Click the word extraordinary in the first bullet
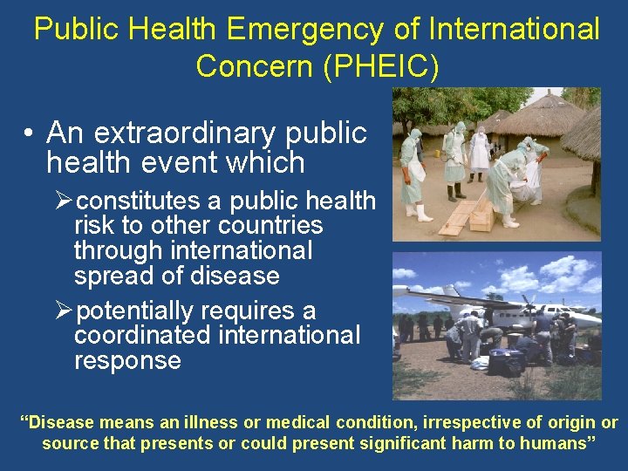click(x=186, y=133)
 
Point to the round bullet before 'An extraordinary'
click(x=29, y=133)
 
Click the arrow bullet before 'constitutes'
click(x=64, y=201)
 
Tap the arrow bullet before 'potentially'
click(x=64, y=311)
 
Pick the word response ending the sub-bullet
click(x=127, y=360)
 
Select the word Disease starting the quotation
click(x=62, y=423)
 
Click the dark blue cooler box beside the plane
click(x=506, y=359)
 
